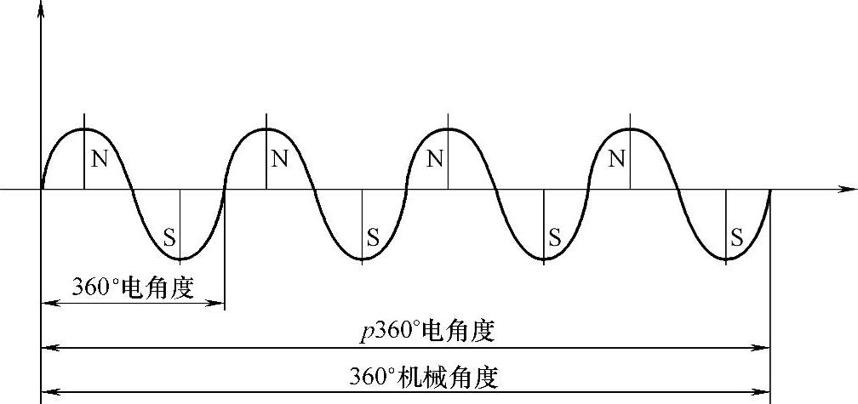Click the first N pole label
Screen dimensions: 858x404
pyautogui.click(x=99, y=159)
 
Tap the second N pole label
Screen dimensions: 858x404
pyautogui.click(x=279, y=159)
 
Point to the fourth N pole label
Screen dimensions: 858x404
pyautogui.click(x=618, y=159)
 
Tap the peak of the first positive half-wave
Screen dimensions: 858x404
pyautogui.click(x=84, y=129)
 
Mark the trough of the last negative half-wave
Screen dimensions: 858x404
pyautogui.click(x=725, y=259)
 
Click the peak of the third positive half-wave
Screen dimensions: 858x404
pyautogui.click(x=449, y=129)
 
